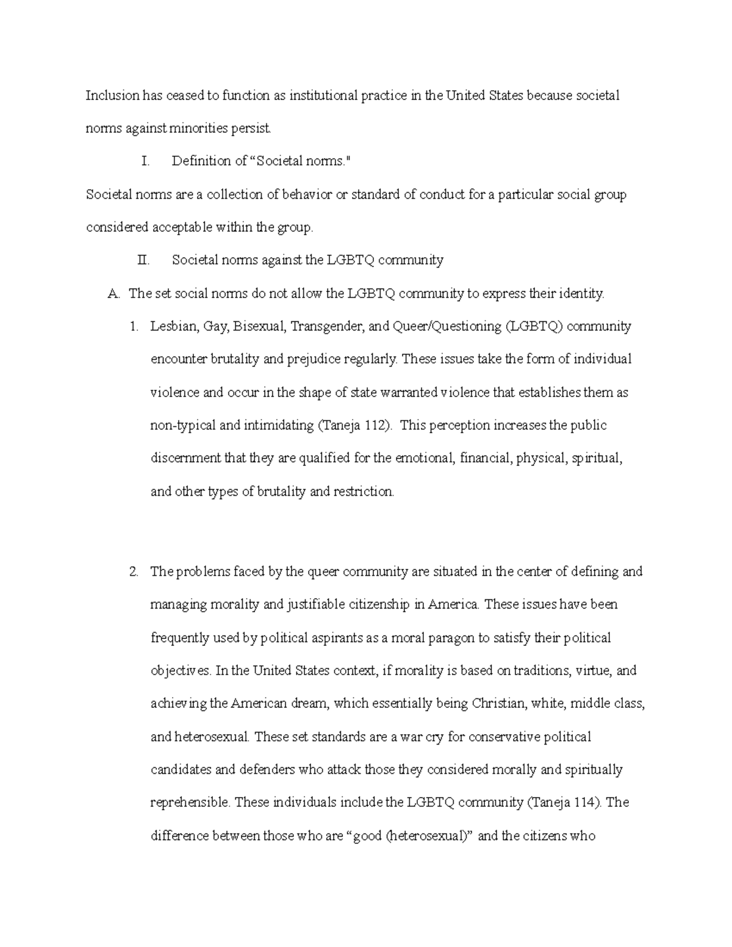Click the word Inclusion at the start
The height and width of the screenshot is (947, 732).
112,95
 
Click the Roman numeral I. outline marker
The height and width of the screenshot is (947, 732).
145,161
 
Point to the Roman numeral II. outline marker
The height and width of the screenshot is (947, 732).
143,260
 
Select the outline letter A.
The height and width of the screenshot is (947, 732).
113,293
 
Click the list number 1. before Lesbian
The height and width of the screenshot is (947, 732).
134,326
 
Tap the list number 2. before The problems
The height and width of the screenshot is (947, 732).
134,571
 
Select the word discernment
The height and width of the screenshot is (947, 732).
185,458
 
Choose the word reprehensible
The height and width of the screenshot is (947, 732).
190,802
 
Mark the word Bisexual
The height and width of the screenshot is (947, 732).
259,326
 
